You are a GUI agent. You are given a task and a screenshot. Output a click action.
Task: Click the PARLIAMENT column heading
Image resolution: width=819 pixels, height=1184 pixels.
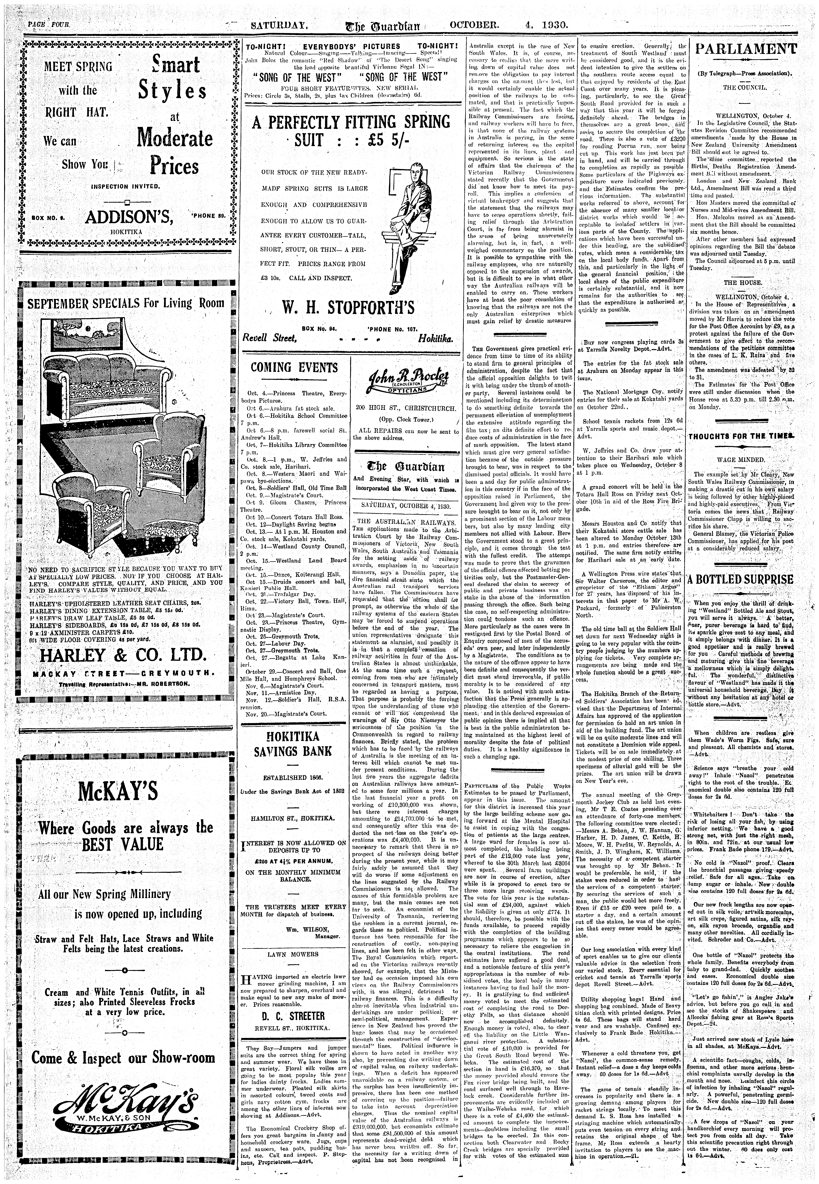tap(746, 50)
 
